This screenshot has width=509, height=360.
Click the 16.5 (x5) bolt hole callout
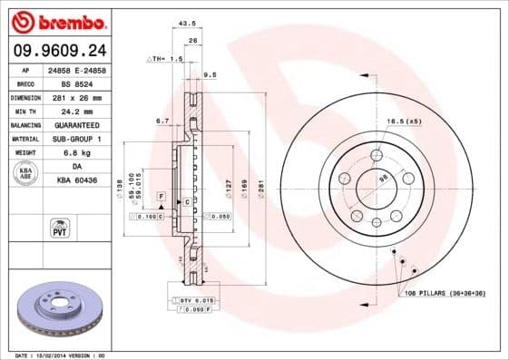pyautogui.click(x=402, y=121)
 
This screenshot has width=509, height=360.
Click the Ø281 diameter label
pyautogui.click(x=259, y=188)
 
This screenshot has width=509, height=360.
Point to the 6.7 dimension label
pyautogui.click(x=162, y=120)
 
